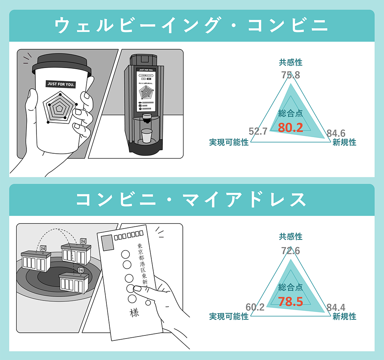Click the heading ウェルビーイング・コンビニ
[192, 26]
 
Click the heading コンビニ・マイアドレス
[192, 200]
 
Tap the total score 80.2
[291, 128]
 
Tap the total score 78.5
[291, 302]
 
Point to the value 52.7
[258, 131]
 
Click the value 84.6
[336, 133]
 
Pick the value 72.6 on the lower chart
[291, 251]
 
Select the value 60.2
[255, 307]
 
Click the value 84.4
[336, 307]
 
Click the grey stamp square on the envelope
[107, 242]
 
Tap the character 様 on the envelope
[134, 313]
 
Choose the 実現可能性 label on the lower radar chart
[229, 317]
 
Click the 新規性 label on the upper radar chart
[344, 143]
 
